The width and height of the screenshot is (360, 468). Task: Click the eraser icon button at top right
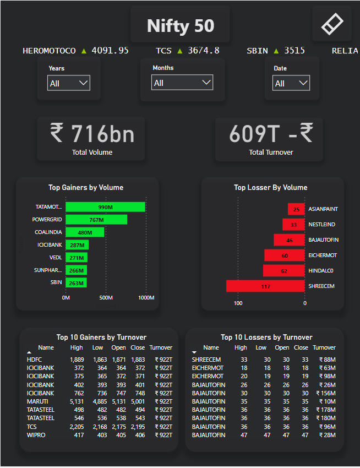[x=331, y=23]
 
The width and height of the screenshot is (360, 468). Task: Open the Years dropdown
[x=69, y=83]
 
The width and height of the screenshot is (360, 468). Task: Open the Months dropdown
[x=182, y=83]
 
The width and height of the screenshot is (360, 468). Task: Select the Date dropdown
[x=291, y=83]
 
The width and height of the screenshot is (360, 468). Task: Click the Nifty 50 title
[x=181, y=25]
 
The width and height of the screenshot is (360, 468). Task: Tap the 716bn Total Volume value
[x=92, y=134]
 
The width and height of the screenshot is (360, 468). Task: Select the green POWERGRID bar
[x=96, y=219]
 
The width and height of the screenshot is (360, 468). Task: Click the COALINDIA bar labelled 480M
[x=85, y=232]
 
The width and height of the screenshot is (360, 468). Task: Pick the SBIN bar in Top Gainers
[x=77, y=282]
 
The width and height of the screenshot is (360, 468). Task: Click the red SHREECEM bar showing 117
[x=265, y=286]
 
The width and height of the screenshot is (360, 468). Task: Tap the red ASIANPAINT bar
[x=296, y=209]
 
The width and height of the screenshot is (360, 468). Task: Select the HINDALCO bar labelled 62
[x=283, y=271]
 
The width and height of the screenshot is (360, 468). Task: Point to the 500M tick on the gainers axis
[x=106, y=298]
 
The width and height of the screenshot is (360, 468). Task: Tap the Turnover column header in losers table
[x=324, y=347]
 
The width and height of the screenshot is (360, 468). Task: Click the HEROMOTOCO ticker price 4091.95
[x=110, y=51]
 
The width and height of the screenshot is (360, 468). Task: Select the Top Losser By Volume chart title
[x=271, y=188]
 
